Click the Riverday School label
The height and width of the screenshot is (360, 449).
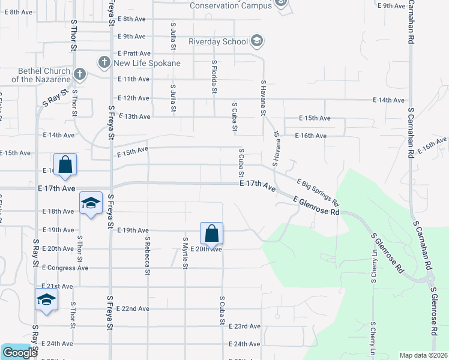[x=218, y=42]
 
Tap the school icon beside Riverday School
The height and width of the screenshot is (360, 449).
[x=257, y=41]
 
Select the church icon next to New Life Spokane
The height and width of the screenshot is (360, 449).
[x=104, y=62]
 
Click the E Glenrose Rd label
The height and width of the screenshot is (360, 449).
[x=317, y=207]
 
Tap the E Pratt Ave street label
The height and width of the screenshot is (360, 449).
[x=134, y=53]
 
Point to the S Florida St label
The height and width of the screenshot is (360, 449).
[x=214, y=77]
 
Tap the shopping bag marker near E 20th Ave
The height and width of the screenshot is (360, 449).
[x=211, y=234]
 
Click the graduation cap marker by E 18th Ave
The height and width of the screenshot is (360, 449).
[x=91, y=204]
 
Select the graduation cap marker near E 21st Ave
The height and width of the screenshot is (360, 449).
[x=46, y=301]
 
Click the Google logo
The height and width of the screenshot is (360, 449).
[x=19, y=353]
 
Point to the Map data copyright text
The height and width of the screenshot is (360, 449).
[x=423, y=355]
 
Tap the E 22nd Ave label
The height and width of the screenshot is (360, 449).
[x=134, y=308]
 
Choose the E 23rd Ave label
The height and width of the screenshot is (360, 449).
[x=245, y=326]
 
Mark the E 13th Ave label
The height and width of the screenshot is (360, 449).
[x=134, y=116]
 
